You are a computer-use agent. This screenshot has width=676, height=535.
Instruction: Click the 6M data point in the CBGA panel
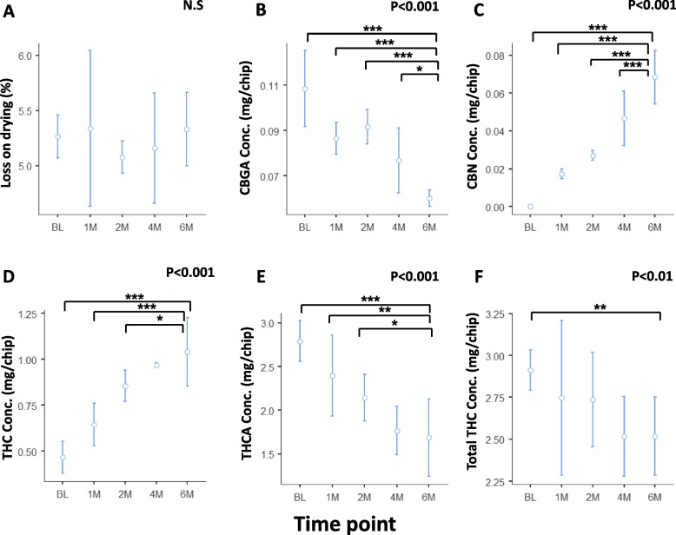(429, 198)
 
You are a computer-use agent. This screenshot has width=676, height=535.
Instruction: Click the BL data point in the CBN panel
(530, 207)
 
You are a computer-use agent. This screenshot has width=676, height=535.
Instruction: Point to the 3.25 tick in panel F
(494, 314)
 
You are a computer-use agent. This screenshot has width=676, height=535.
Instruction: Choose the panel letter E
(236, 281)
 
